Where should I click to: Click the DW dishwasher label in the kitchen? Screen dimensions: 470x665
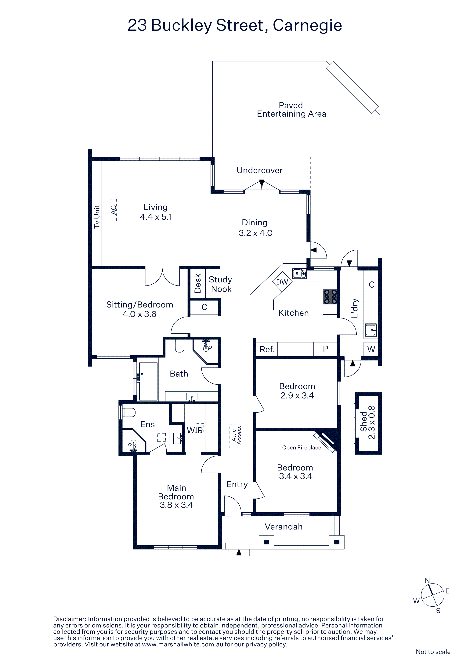[x=282, y=282]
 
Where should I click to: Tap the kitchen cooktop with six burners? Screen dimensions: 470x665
[x=330, y=297]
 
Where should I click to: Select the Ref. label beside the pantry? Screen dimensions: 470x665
[x=267, y=349]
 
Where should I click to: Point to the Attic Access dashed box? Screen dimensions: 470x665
[x=237, y=436]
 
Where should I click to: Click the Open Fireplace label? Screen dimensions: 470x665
[x=302, y=448]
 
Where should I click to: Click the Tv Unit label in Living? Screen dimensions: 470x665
[x=97, y=217]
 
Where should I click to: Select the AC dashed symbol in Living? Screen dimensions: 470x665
[x=113, y=210]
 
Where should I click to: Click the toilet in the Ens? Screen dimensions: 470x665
[x=128, y=412]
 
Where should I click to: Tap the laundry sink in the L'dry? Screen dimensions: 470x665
[x=371, y=330]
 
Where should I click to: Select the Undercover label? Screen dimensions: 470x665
[x=259, y=170]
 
